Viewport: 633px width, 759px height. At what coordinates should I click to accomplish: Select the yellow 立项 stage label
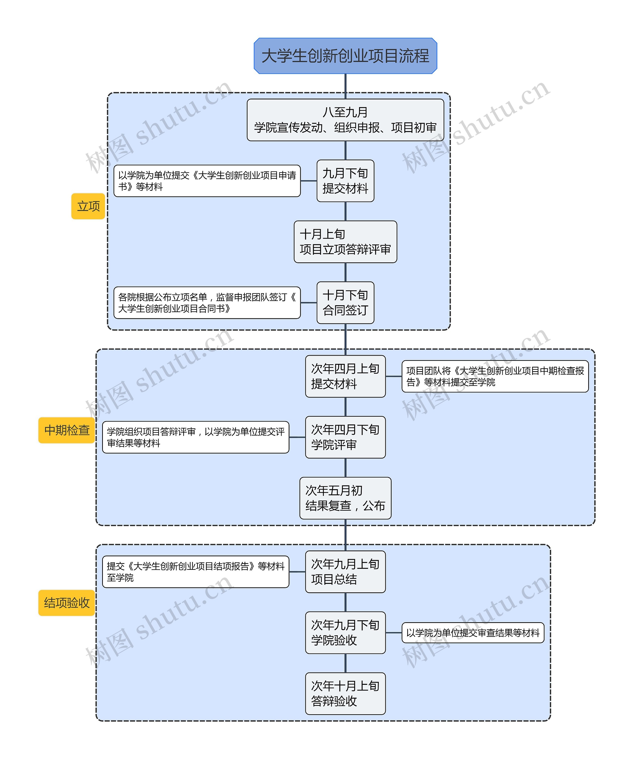point(88,206)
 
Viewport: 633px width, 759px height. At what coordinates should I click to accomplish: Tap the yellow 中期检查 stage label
point(67,430)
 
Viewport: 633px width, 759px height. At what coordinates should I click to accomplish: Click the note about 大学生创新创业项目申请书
point(207,181)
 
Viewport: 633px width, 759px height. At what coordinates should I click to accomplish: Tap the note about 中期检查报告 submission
point(495,376)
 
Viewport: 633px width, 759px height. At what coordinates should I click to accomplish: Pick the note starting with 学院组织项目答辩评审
point(196,437)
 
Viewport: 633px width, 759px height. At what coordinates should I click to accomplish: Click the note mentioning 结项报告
point(196,572)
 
